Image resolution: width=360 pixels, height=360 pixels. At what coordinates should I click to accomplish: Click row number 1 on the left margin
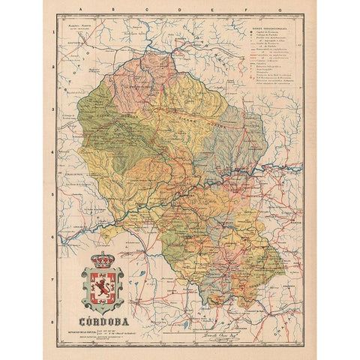click(x=55, y=34)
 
